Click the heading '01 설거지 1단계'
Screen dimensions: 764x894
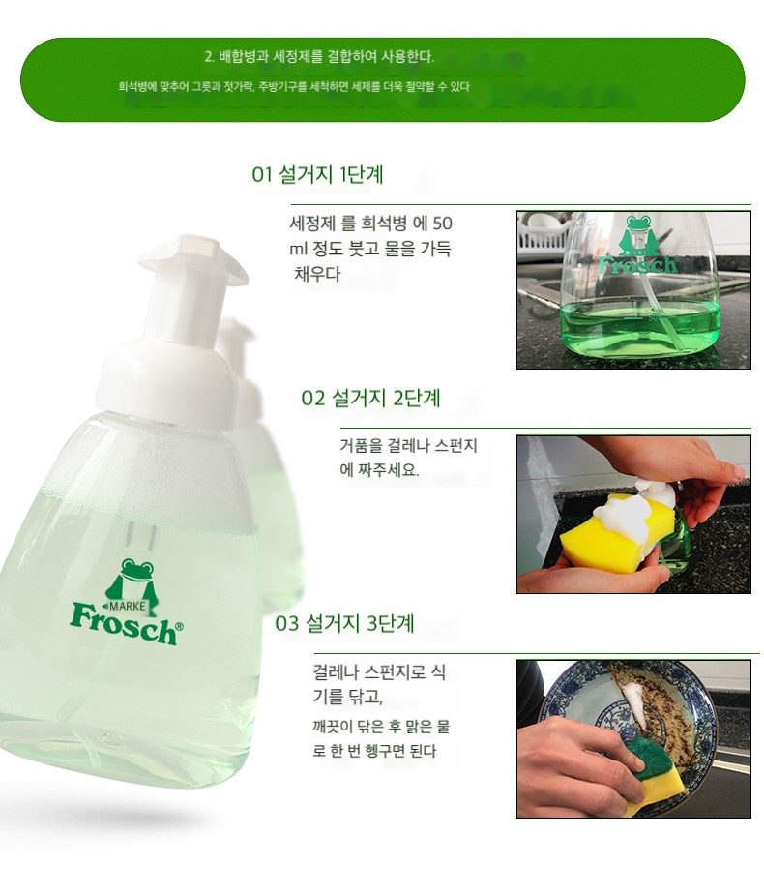pos(317,174)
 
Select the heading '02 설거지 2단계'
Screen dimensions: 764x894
pos(370,398)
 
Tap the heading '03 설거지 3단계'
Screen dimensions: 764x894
pos(344,623)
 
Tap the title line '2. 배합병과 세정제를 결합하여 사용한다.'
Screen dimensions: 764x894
pos(319,56)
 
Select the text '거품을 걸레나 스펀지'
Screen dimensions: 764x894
pos(408,445)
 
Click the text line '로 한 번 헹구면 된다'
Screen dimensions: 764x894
pos(374,751)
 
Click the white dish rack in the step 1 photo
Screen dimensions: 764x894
pos(544,234)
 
